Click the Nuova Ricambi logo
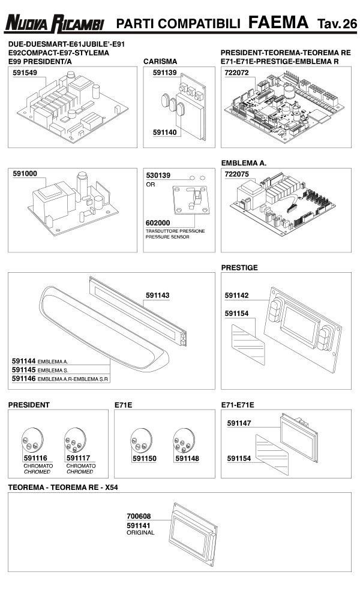[x=55, y=24]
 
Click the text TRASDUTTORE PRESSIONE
[x=175, y=231]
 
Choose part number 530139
[x=158, y=175]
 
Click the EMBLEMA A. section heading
[x=244, y=163]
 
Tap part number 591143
[x=157, y=295]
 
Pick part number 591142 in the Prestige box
[x=236, y=296]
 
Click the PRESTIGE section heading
[x=239, y=267]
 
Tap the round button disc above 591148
[x=182, y=441]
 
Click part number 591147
[x=239, y=423]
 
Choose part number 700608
[x=139, y=516]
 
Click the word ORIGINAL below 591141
[x=140, y=532]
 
